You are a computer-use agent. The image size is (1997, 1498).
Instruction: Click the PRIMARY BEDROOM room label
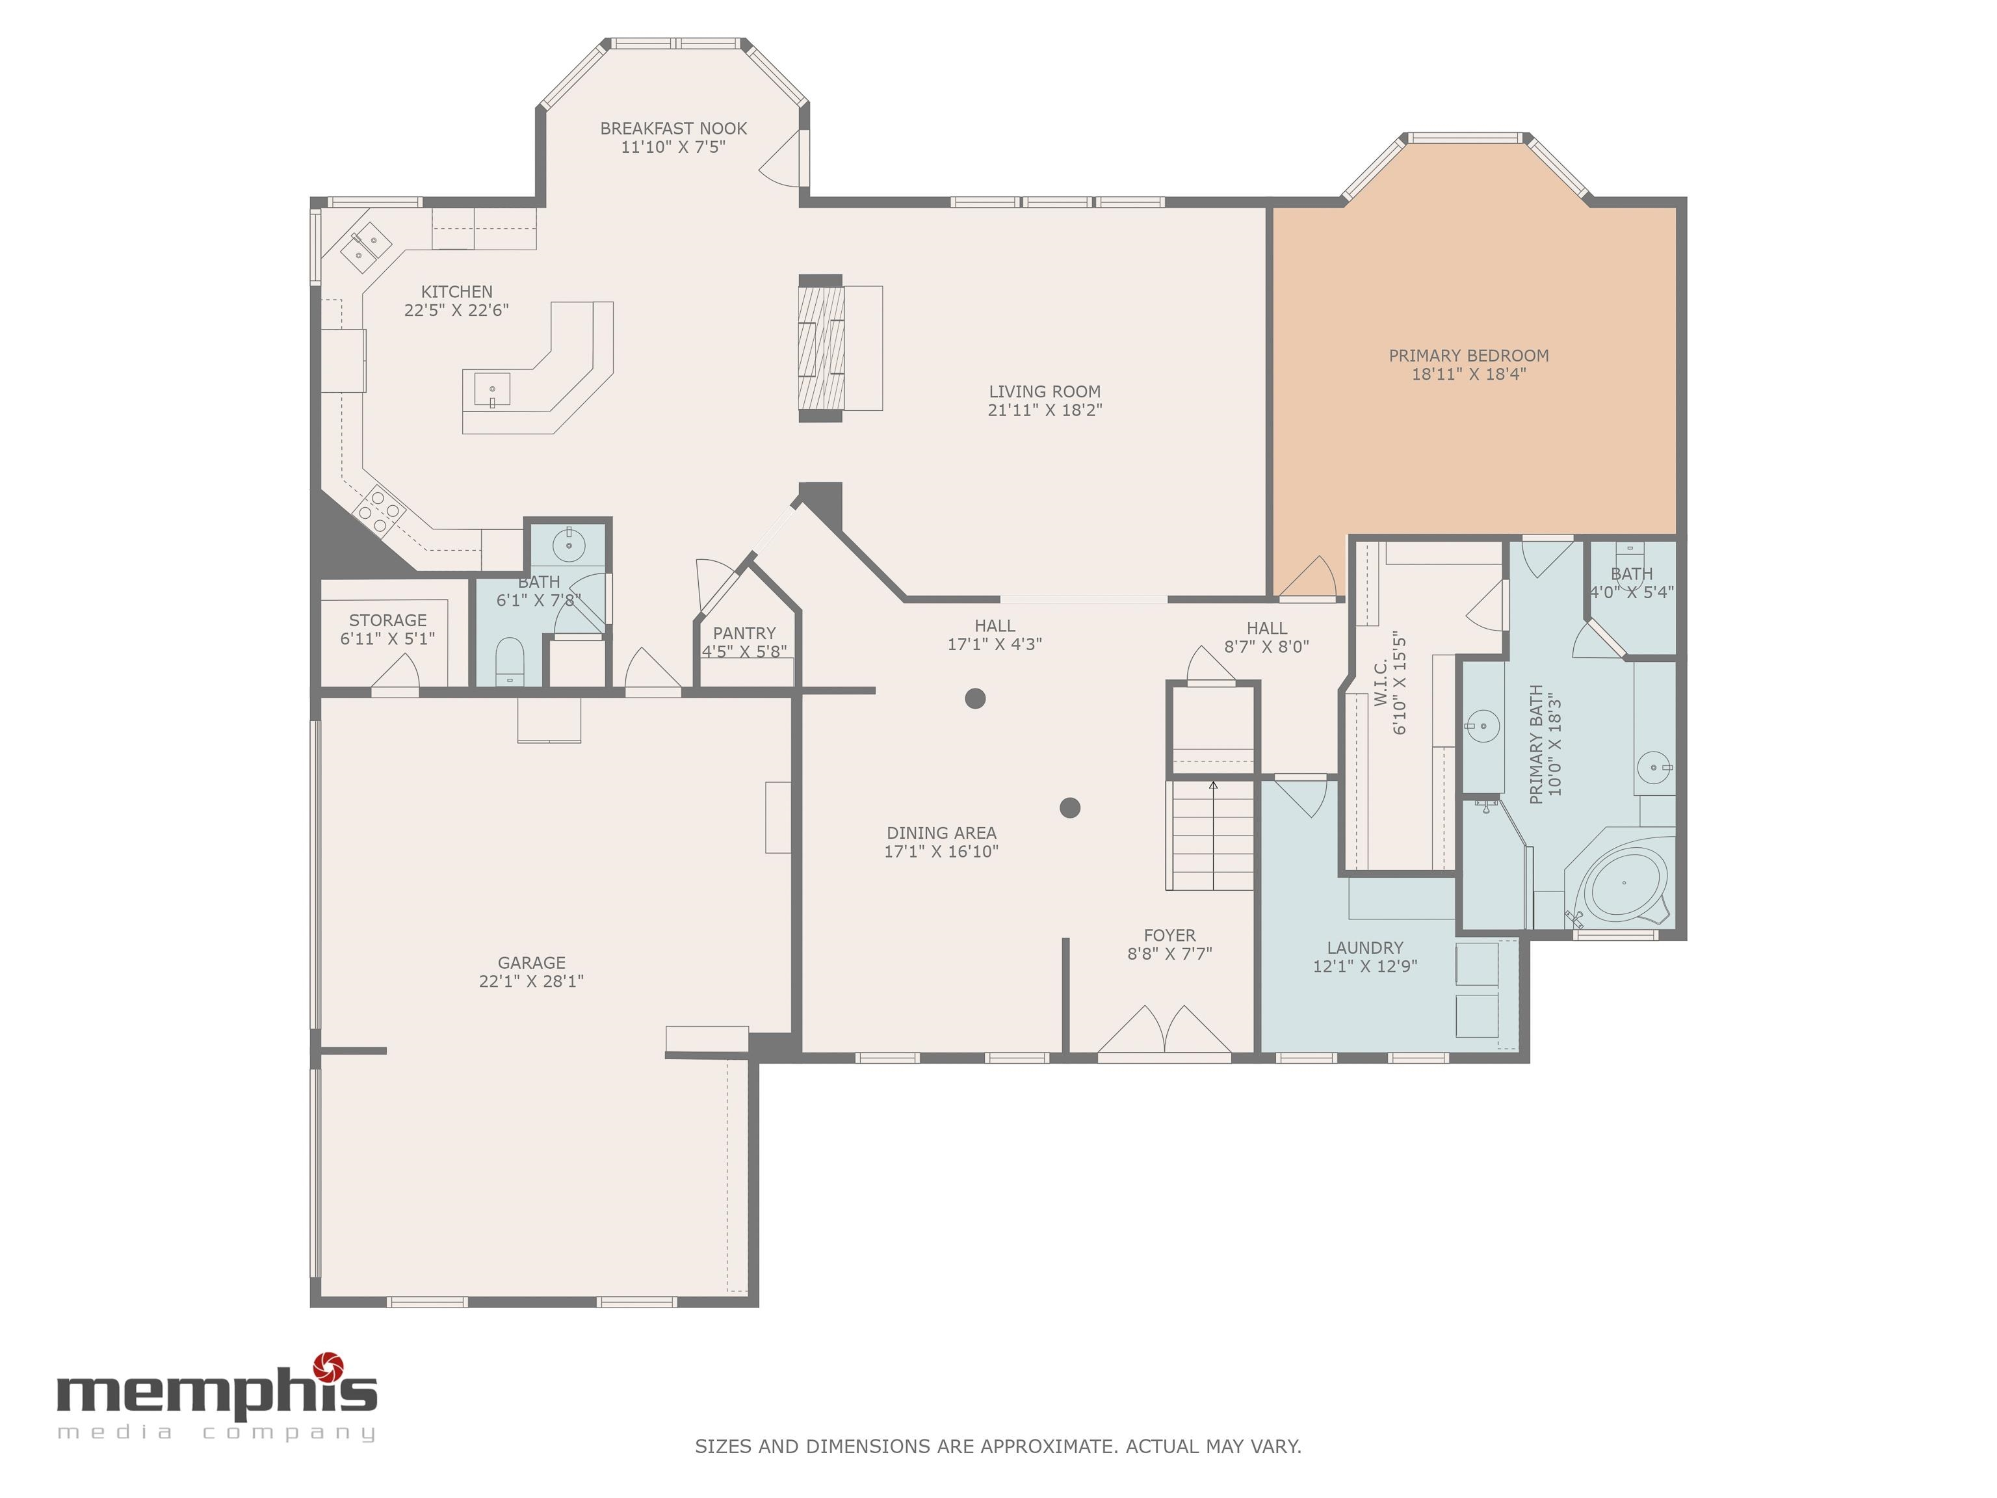point(1468,356)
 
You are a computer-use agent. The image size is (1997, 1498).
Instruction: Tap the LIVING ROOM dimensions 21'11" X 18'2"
point(1045,410)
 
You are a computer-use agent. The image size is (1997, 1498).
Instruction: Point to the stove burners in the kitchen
point(378,511)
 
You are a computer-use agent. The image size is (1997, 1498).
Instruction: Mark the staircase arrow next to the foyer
point(1214,785)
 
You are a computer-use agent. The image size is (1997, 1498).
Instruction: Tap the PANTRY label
point(744,634)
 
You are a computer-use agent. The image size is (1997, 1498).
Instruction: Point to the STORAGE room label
point(387,620)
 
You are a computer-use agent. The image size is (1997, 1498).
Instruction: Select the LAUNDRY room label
point(1364,948)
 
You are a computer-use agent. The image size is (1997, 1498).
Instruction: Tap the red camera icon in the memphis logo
point(328,1368)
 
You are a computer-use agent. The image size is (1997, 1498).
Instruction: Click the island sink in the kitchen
point(492,390)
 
